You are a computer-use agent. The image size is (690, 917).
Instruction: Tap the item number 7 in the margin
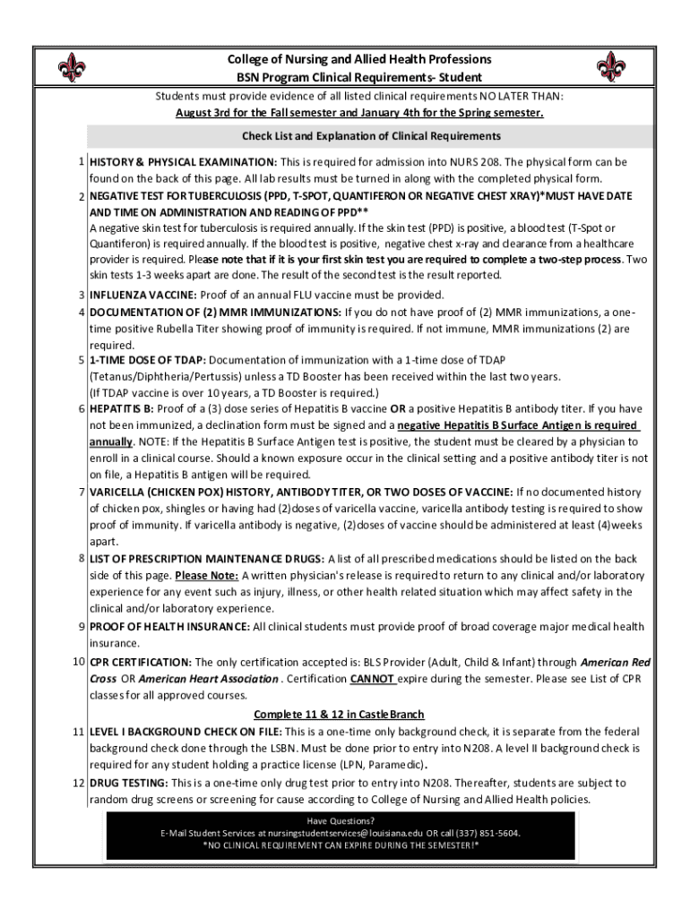pos(81,492)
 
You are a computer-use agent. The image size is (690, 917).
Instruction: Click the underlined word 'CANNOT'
pos(374,679)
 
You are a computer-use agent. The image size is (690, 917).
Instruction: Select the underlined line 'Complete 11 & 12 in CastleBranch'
pos(339,715)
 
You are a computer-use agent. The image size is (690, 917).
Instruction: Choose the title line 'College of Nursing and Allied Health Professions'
pos(358,59)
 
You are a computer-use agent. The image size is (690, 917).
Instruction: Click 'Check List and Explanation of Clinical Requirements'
pos(371,136)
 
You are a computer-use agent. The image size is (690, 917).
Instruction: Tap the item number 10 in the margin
pos(79,662)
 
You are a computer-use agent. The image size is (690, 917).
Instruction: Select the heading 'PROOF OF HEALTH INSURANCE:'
pos(169,626)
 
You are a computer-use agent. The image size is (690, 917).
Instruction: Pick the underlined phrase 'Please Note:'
pos(206,575)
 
